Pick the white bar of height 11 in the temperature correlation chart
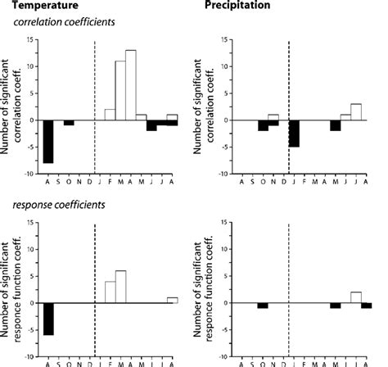(120, 91)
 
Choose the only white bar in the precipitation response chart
(356, 297)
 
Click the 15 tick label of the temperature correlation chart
(29, 39)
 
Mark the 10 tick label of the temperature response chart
(29, 249)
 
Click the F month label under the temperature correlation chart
(109, 182)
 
